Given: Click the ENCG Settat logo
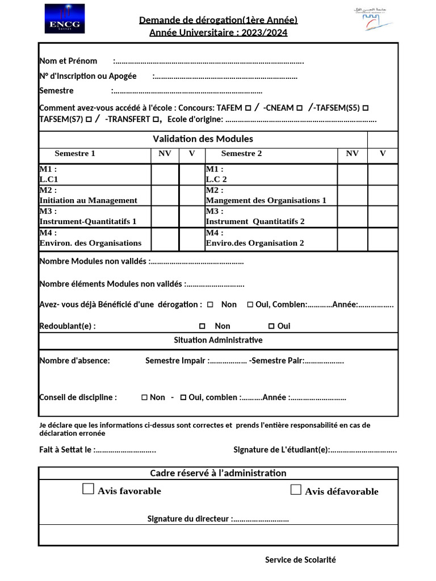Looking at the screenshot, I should [x=65, y=18].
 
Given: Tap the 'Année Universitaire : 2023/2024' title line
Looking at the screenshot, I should [x=218, y=32].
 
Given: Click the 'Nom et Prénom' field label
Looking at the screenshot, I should [x=68, y=61].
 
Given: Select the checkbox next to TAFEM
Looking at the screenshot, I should [x=248, y=108].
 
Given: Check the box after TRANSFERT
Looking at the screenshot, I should [x=156, y=120].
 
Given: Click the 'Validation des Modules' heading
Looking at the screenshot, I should [x=203, y=139].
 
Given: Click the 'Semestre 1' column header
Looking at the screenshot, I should [x=75, y=153].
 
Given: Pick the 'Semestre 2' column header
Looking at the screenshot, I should [x=241, y=153].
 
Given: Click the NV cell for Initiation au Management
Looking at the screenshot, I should [x=165, y=196].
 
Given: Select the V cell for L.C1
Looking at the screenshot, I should [x=192, y=174].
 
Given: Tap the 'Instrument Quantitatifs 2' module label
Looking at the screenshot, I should [x=255, y=221].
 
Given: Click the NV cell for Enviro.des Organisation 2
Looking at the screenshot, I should [x=352, y=238].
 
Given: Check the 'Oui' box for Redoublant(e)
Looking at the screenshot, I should [x=271, y=326].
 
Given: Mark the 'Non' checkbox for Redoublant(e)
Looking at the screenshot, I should [x=202, y=326].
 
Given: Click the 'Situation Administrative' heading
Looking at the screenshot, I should [x=218, y=340].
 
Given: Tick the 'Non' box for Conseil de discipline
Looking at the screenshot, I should [x=144, y=398].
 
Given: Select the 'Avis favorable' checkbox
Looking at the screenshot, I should [x=89, y=489].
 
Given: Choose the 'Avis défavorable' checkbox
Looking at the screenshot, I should [x=296, y=490].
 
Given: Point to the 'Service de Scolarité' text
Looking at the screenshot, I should [x=300, y=560].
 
